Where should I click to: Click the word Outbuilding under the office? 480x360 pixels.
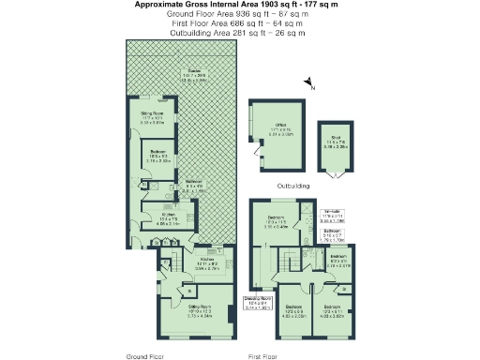(x=289, y=187)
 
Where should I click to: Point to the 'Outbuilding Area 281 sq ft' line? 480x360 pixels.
(x=238, y=33)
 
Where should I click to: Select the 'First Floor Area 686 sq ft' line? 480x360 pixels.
(x=238, y=23)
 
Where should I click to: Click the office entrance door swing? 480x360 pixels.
(x=252, y=151)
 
